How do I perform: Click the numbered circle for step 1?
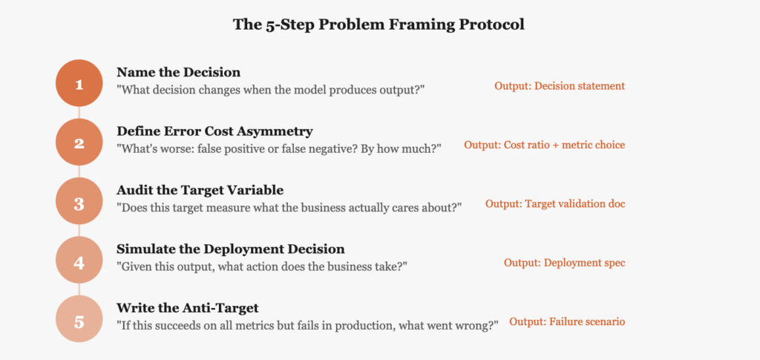coord(79,83)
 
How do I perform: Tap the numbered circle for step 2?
coord(79,143)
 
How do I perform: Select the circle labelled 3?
coord(79,201)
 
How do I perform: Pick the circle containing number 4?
coord(79,261)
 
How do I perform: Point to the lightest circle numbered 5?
coord(79,319)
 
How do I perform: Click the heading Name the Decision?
coord(178,72)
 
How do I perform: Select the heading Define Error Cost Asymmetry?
coord(214,131)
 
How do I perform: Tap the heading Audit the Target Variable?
coord(200,190)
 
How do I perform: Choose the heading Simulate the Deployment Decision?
coord(231,249)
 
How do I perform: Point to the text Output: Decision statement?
coord(560,86)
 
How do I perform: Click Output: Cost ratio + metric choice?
coord(544,145)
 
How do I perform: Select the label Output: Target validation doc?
coord(555,204)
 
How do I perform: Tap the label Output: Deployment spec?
coord(565,263)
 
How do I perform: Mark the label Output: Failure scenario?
coord(567,321)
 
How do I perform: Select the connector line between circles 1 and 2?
coord(79,113)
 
